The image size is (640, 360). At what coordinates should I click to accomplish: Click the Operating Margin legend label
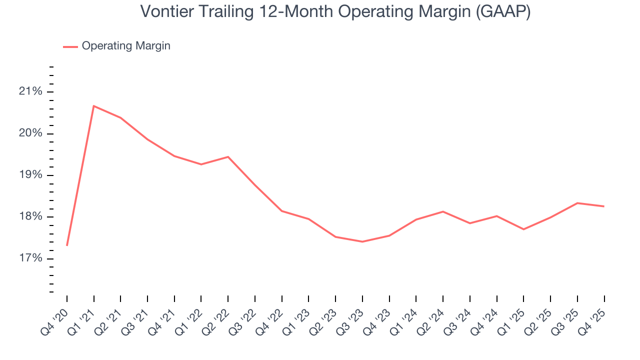coord(126,46)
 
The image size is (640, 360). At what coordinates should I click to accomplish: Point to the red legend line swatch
coord(70,46)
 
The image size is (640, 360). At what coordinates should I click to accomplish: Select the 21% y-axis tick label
coord(31,91)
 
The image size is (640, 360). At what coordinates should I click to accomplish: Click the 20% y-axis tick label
coord(31,133)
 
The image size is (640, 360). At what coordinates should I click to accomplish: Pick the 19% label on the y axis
coord(31,175)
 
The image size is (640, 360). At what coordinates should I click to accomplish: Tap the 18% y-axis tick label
coord(31,216)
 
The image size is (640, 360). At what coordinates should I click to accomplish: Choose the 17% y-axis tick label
coord(31,258)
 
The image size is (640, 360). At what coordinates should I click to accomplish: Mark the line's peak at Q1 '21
coord(93,106)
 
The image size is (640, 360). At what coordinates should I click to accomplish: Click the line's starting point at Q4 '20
coord(67,245)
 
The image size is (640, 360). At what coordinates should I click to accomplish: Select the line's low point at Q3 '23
coord(362,241)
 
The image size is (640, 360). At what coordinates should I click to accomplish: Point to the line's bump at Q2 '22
coord(228,157)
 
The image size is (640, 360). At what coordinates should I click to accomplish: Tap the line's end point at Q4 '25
coord(604,206)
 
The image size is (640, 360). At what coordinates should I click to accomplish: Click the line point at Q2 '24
coord(443,211)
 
